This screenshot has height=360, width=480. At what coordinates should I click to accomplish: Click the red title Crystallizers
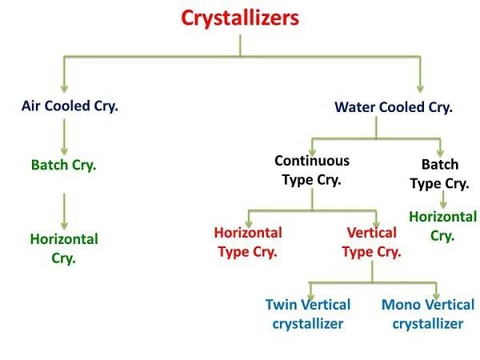coord(240,18)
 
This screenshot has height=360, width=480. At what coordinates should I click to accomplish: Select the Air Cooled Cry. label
coord(70,106)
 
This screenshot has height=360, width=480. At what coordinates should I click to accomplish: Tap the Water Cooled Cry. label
coord(394,106)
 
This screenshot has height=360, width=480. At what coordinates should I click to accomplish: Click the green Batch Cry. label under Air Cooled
coord(63,166)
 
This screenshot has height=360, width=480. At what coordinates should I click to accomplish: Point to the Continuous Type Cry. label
coord(312,170)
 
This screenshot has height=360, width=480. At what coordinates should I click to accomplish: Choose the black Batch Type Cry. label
coord(439,174)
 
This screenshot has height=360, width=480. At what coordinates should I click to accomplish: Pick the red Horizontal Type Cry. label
coord(248,242)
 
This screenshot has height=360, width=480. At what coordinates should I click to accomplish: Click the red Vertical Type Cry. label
coord(371,242)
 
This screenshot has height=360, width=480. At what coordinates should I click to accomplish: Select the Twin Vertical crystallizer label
coord(307,314)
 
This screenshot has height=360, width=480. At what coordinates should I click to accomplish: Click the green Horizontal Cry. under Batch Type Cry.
coord(442,226)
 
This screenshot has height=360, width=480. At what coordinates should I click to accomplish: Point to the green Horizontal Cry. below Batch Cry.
coord(64,248)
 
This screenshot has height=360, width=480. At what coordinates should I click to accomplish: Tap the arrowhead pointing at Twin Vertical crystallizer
coord(310,292)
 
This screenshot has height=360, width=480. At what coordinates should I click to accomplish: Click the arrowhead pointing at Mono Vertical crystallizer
coord(436,292)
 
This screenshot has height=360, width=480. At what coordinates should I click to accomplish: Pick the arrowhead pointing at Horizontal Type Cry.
coord(249,220)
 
